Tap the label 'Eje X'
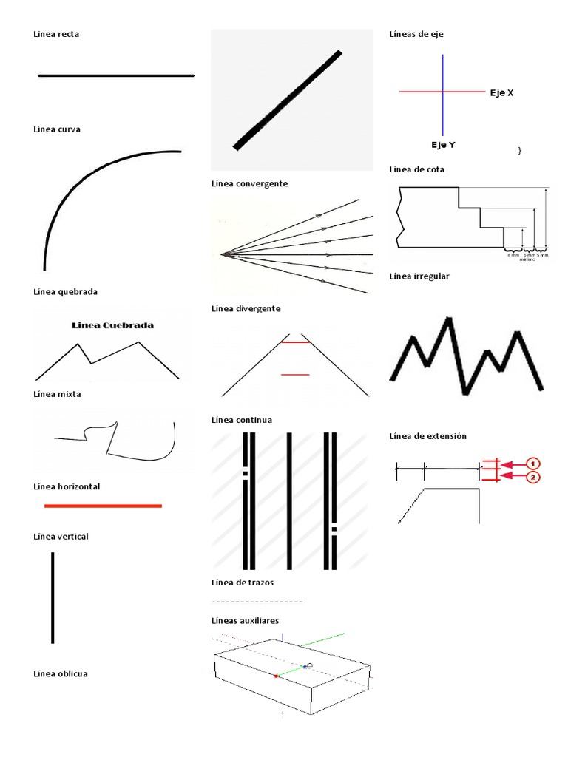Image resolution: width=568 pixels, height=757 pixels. click(501, 93)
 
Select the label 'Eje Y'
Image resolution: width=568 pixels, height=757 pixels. click(443, 145)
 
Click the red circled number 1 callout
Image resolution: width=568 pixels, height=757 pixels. click(532, 464)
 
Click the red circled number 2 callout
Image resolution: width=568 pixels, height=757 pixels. click(532, 478)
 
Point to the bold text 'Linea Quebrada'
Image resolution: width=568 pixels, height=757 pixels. click(113, 325)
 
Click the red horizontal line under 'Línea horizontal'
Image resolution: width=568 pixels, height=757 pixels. click(103, 506)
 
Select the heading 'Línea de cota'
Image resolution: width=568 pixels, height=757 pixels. click(416, 169)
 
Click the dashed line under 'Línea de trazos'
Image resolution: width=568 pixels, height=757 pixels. click(257, 602)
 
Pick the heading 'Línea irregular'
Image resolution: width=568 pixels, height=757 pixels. click(419, 276)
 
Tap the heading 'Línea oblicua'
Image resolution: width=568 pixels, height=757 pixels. click(61, 673)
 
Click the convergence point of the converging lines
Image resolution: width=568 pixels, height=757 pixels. click(222, 254)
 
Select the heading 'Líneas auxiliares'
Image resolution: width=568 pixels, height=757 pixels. click(245, 620)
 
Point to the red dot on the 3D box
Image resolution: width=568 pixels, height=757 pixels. click(277, 676)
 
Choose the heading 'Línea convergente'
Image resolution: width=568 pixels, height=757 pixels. click(249, 183)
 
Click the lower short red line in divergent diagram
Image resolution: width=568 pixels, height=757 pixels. click(295, 375)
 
